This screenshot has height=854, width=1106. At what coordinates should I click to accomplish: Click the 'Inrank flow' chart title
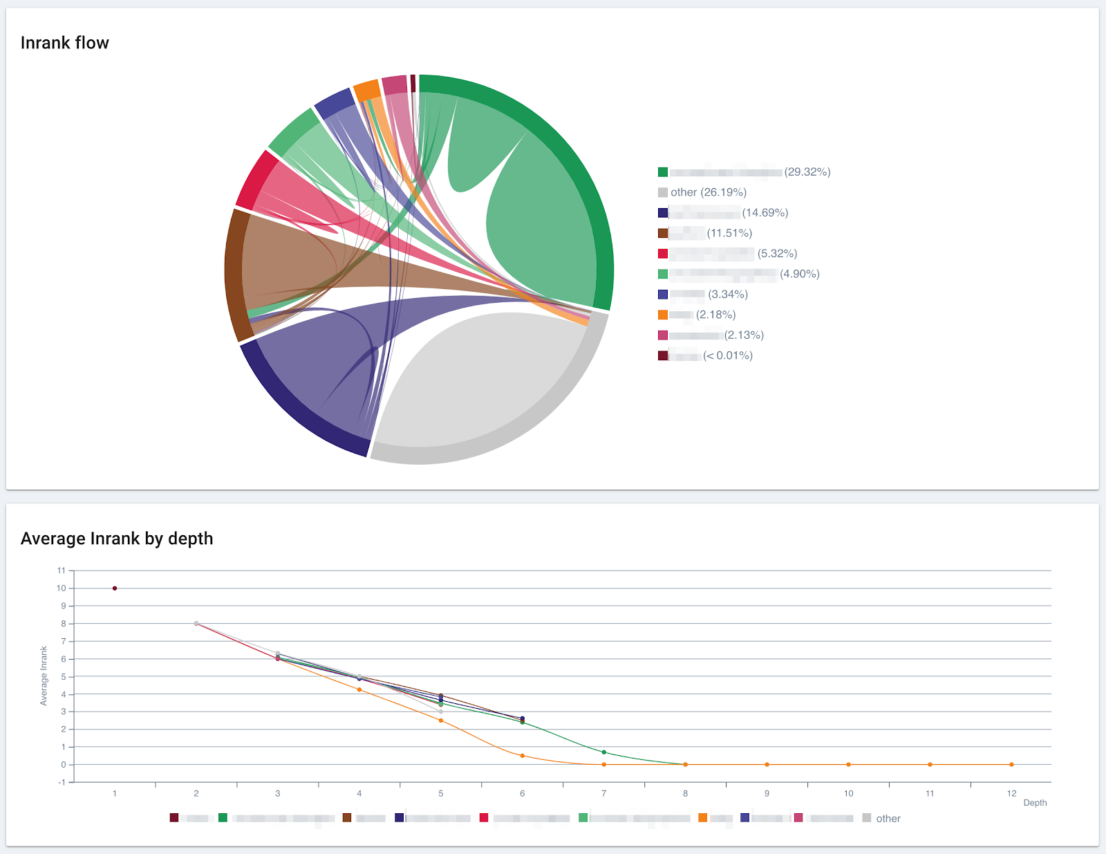[x=64, y=43]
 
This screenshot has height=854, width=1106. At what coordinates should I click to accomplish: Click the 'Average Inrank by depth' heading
[x=117, y=539]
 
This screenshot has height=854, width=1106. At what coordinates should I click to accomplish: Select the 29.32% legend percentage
[x=807, y=172]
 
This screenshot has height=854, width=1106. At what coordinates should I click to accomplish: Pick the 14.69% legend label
[x=765, y=213]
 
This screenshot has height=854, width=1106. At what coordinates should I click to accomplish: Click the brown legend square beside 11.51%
[x=663, y=233]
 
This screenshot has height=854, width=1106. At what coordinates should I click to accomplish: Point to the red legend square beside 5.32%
[x=663, y=254]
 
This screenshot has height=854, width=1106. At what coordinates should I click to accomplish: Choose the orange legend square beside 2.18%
[x=663, y=315]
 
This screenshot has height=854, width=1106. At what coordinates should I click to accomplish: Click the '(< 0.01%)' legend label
[x=727, y=355]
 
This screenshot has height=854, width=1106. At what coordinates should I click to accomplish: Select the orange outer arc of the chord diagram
[x=366, y=91]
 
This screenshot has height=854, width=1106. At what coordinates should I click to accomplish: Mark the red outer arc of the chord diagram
[x=256, y=178]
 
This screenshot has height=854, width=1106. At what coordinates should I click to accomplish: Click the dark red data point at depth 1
[x=115, y=588]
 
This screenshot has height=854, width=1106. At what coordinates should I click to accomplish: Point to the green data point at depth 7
[x=604, y=752]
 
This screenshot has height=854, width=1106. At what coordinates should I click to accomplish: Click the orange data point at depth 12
[x=1011, y=765]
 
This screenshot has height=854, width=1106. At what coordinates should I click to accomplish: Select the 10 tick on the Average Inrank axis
[x=62, y=588]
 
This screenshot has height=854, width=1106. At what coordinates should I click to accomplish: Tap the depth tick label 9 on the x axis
[x=767, y=794]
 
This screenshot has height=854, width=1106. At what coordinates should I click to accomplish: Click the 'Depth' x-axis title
[x=1035, y=803]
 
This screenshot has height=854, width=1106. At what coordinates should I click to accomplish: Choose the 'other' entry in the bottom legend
[x=888, y=819]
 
